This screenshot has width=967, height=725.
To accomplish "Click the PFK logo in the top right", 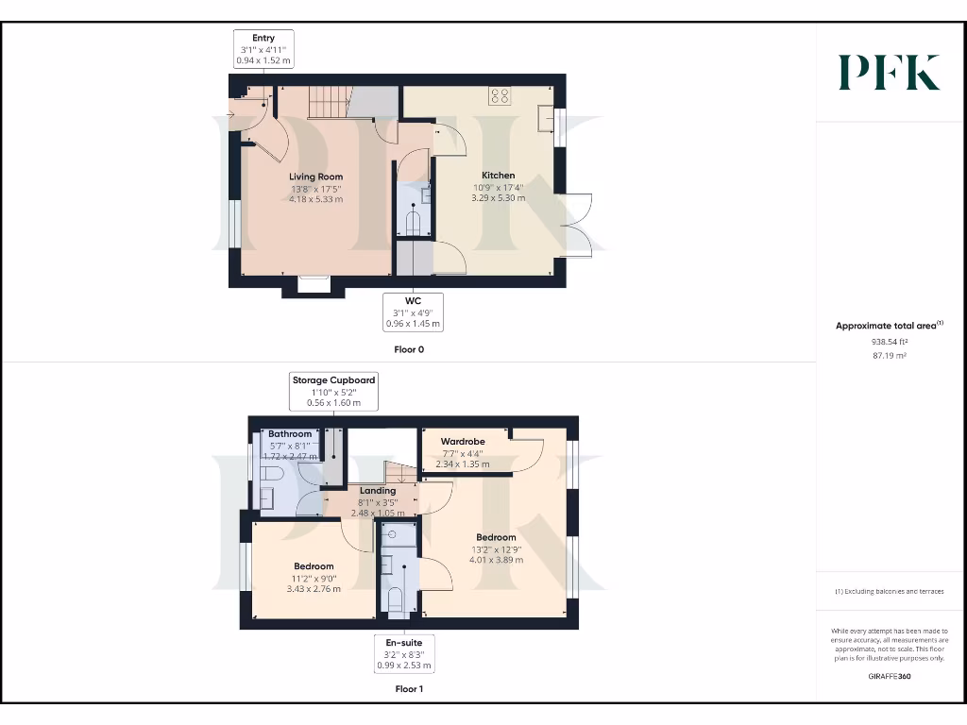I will [x=890, y=73].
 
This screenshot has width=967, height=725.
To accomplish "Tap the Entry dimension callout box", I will [x=263, y=49].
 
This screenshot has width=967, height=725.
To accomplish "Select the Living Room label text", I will [x=315, y=177].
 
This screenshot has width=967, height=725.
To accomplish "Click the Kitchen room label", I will [x=499, y=176].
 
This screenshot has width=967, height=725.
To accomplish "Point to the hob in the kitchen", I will [x=500, y=95].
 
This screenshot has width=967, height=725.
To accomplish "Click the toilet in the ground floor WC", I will [x=414, y=224].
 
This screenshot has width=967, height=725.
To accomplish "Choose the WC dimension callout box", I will [x=413, y=312].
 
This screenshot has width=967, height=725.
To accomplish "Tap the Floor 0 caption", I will [x=409, y=349].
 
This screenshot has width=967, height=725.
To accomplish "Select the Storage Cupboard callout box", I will [x=333, y=391].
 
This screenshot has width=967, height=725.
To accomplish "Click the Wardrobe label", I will [x=463, y=441].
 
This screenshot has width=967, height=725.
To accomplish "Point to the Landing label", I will [x=377, y=490].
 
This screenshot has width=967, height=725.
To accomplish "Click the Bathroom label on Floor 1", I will [x=289, y=434].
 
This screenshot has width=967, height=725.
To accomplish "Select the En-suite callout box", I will [x=403, y=653].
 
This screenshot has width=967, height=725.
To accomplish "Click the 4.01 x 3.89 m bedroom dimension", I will [x=496, y=560].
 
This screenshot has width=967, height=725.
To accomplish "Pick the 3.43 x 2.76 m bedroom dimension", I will [x=313, y=588].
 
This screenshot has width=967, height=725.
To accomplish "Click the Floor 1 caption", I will [x=409, y=689].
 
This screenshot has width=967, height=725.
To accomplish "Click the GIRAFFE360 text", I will [x=889, y=676].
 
